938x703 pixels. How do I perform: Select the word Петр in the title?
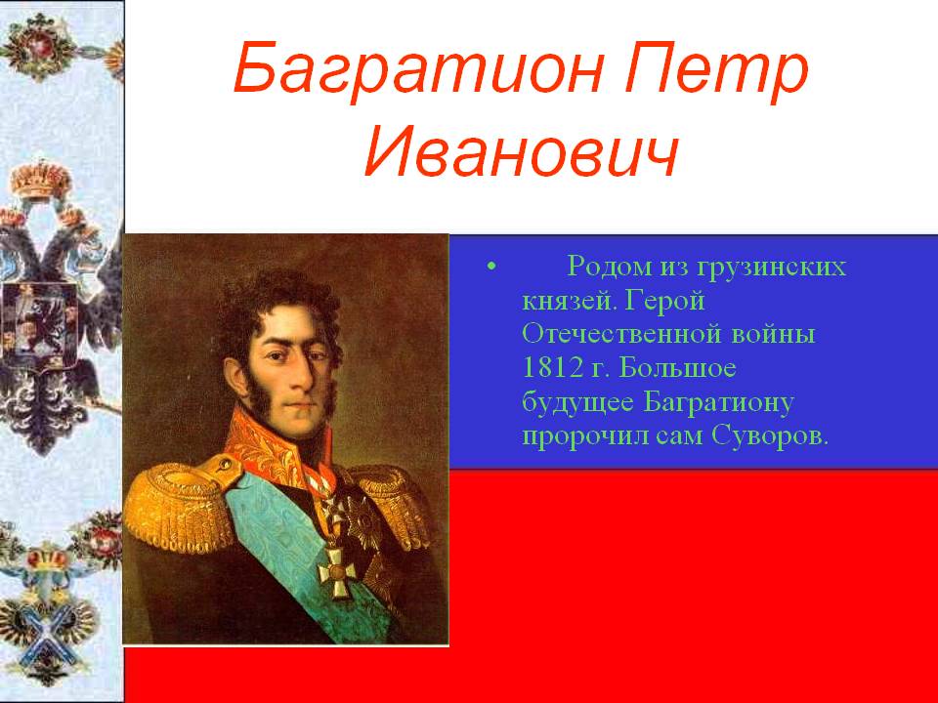tap(716, 69)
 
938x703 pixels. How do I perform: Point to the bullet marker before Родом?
tap(491, 267)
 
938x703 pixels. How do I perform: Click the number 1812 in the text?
tap(551, 367)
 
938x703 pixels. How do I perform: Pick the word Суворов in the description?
tap(770, 435)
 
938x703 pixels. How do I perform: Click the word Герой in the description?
tap(665, 301)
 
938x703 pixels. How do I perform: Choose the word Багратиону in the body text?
tap(718, 403)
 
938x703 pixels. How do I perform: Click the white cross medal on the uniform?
tap(337, 573)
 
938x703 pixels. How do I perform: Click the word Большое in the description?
tap(677, 367)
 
